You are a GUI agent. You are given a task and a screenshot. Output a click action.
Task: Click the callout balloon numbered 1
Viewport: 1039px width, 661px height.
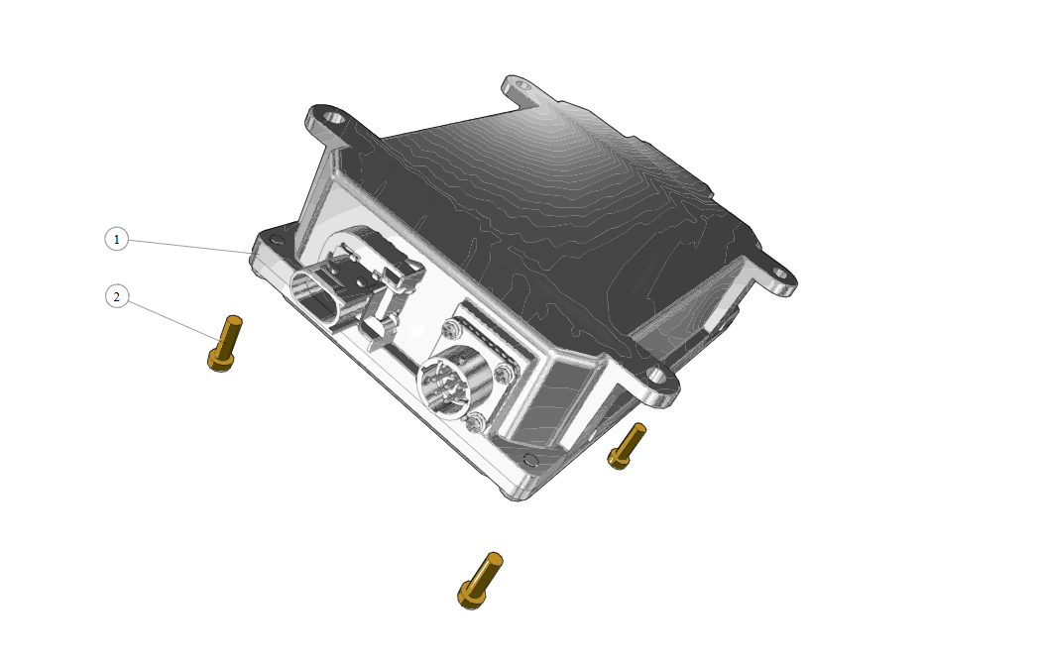(117, 239)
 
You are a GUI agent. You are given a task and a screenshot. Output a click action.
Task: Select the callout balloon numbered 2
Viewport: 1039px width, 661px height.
(117, 296)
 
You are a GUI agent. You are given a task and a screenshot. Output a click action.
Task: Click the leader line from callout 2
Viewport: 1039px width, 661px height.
(173, 322)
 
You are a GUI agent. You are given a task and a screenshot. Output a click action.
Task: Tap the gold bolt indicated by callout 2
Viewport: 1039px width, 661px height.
(225, 343)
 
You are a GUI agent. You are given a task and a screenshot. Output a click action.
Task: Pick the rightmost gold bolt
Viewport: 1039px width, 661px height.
(627, 446)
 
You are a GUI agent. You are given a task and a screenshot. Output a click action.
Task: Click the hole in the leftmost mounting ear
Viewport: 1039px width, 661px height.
(337, 120)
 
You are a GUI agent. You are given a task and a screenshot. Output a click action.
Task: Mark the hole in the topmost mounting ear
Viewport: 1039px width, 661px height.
(522, 85)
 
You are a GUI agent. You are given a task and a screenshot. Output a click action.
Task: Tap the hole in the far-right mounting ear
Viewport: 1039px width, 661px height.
(779, 273)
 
